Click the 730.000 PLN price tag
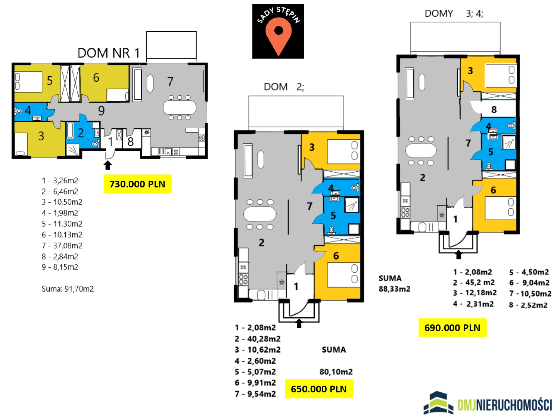[x=137, y=184]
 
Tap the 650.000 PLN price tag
[x=319, y=389]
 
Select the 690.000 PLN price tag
[x=452, y=328]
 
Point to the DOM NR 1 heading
[x=109, y=53]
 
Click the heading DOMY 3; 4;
[x=454, y=13]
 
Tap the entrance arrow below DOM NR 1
[x=108, y=165]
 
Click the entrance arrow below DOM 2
[x=299, y=323]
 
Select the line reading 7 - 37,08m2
[x=62, y=246]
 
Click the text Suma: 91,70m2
[x=68, y=289]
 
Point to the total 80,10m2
[x=336, y=372]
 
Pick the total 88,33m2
[x=394, y=289]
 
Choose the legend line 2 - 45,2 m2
[x=474, y=283]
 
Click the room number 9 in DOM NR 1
[x=101, y=111]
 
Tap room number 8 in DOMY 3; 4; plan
[x=494, y=110]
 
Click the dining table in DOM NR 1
[x=180, y=108]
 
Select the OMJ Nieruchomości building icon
[x=438, y=403]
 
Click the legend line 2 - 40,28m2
[x=258, y=339]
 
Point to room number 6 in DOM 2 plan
[x=336, y=256]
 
